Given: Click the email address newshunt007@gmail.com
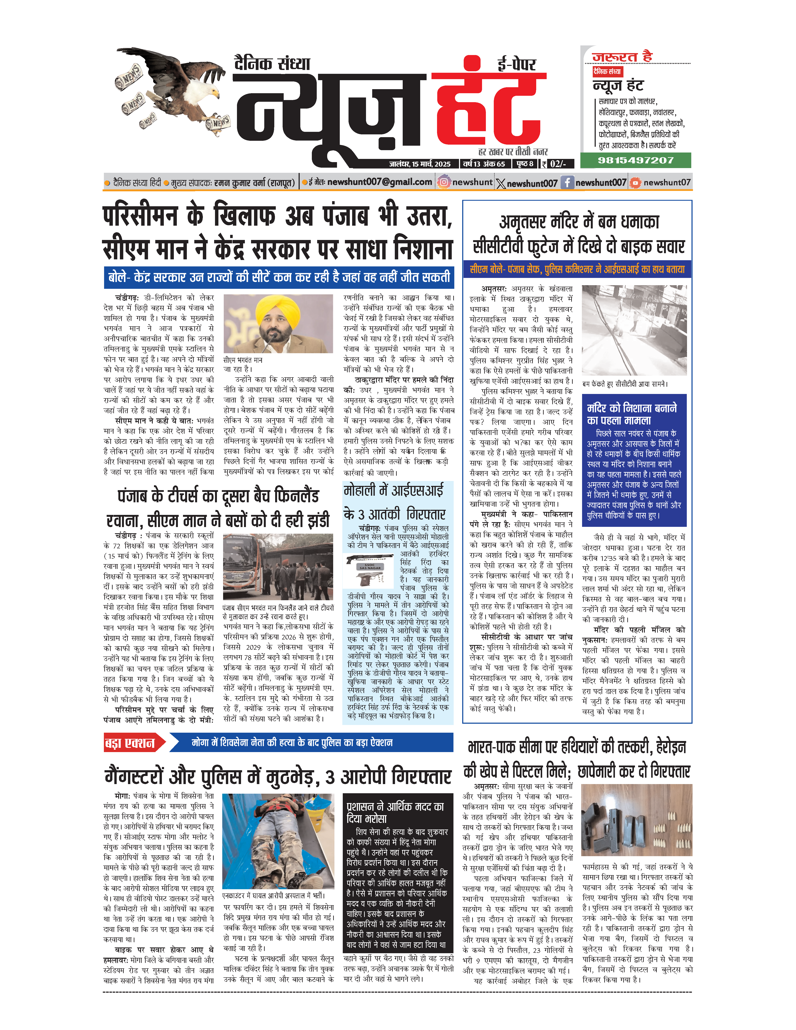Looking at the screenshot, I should point(380,182).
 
